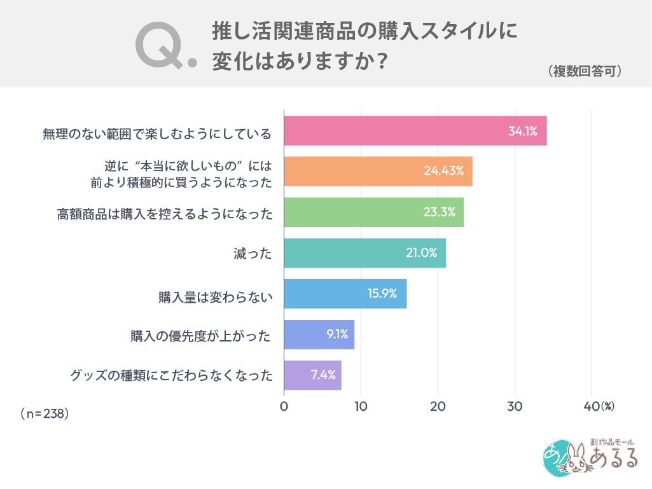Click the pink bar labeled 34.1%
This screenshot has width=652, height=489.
tap(415, 131)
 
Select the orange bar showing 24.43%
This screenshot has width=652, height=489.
tap(378, 171)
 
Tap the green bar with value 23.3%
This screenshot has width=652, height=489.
tap(373, 212)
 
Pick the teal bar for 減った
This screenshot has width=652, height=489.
tap(364, 253)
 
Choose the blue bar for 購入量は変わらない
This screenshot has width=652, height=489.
tap(345, 294)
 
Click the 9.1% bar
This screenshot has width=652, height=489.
tap(319, 334)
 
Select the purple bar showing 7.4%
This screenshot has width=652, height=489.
tap(312, 375)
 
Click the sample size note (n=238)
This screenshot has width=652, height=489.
tap(45, 413)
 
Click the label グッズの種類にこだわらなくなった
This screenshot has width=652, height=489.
tap(171, 376)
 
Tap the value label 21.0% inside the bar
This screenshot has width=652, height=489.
tap(421, 253)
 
